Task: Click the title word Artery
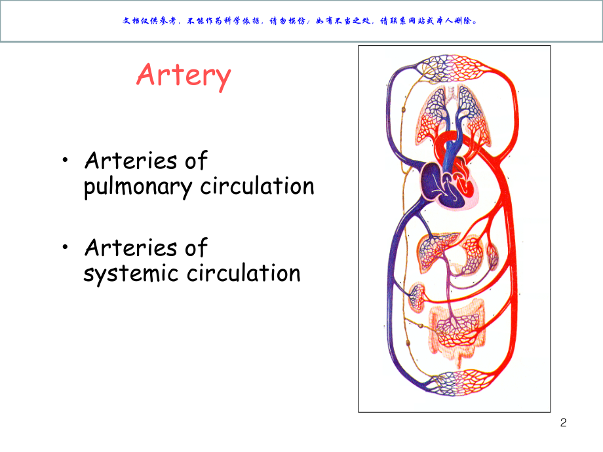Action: (184, 75)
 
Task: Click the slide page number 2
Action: (563, 423)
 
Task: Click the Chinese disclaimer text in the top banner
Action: (301, 20)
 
